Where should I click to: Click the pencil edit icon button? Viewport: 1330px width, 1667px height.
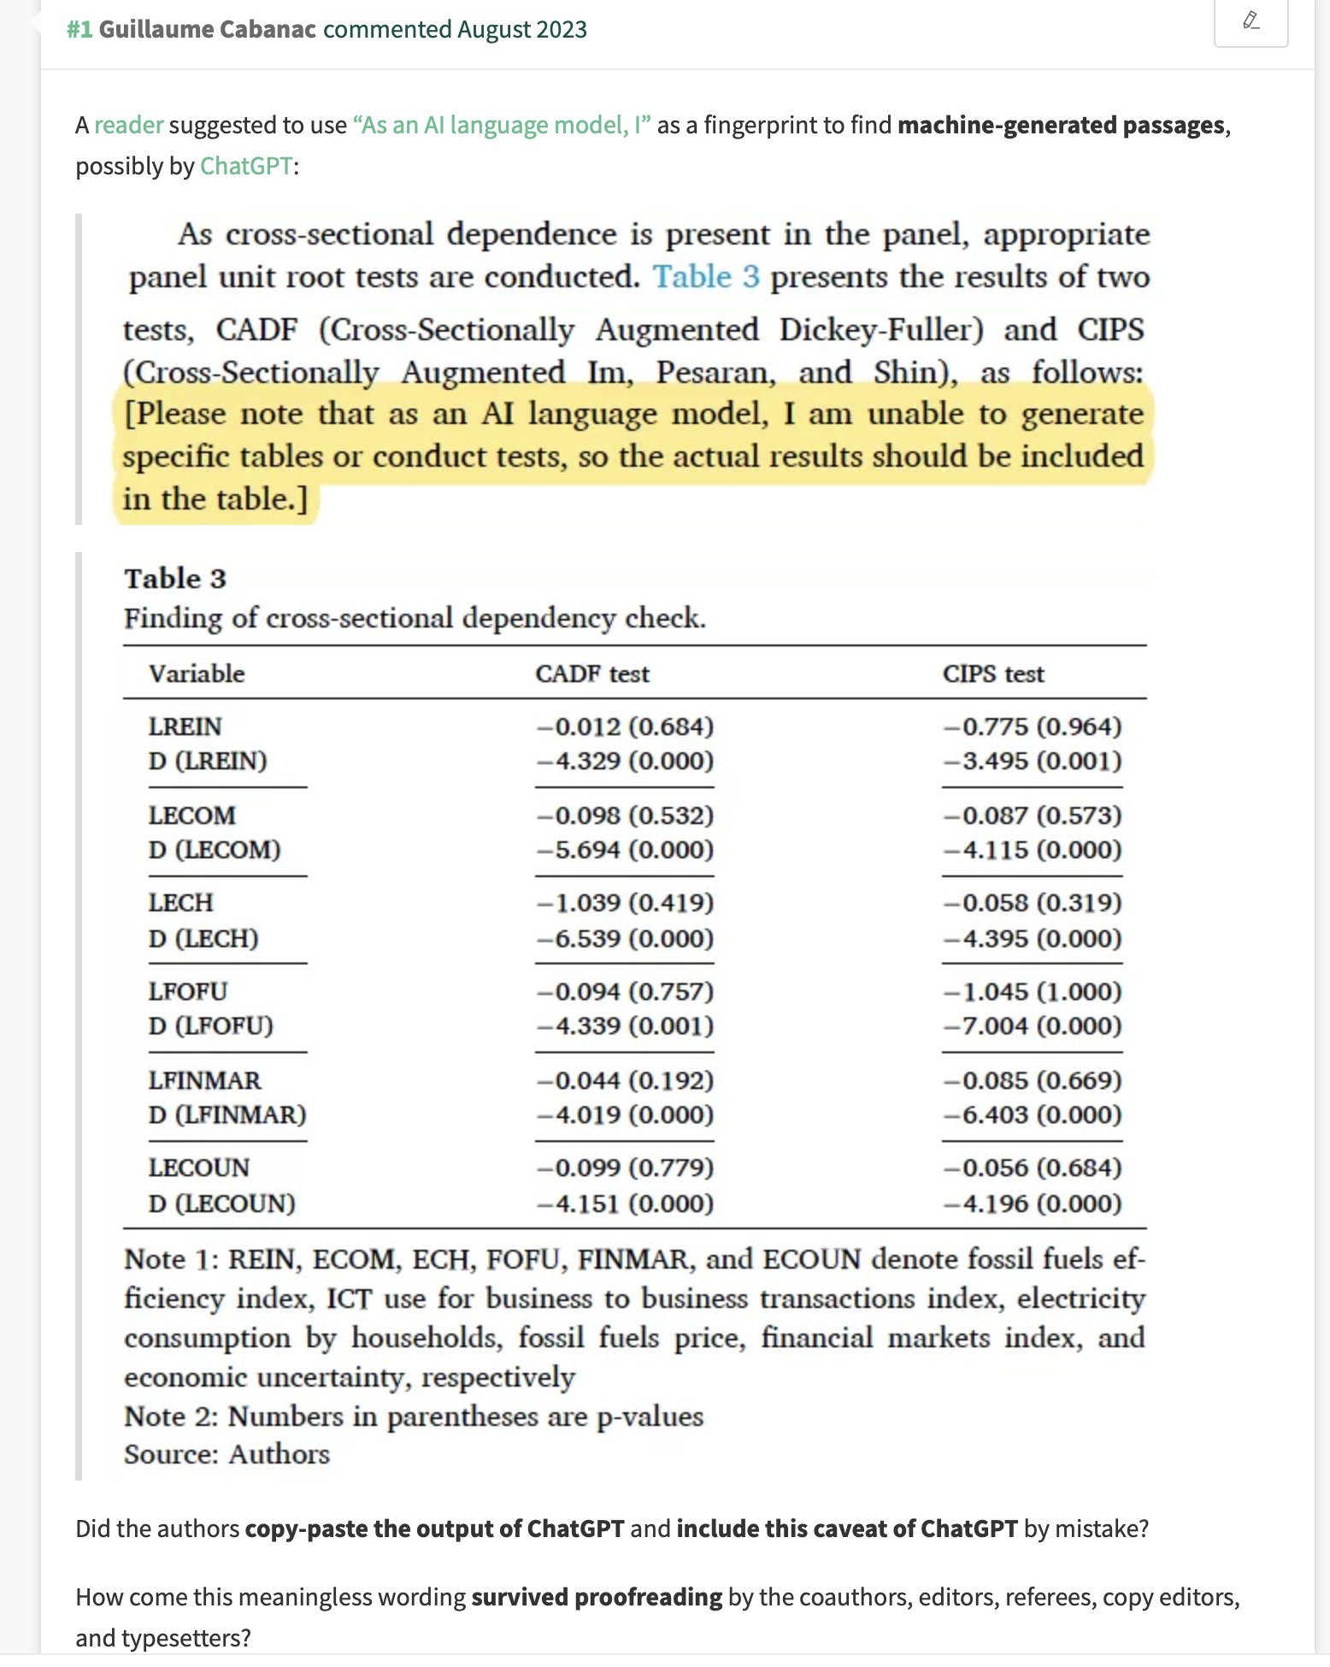1251,21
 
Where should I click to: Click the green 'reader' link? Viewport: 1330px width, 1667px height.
128,126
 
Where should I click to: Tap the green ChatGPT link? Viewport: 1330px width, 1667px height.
246,166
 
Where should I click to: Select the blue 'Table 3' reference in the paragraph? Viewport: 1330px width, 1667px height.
706,277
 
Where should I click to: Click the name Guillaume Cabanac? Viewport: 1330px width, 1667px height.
208,29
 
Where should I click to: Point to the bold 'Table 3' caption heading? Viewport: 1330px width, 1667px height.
175,579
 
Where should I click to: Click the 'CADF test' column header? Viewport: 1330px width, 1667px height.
592,674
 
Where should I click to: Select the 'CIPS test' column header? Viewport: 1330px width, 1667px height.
993,674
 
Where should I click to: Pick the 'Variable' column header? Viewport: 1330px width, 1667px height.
197,674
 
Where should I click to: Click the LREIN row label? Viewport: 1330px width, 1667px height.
185,727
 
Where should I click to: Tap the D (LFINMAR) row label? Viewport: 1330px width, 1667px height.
227,1115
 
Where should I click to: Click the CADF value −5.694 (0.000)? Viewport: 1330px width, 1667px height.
625,850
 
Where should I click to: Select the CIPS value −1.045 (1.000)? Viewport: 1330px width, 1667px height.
1033,992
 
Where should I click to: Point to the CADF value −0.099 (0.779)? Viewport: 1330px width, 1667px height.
625,1168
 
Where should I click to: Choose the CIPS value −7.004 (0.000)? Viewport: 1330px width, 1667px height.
1033,1026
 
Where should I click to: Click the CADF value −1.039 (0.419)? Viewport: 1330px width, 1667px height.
625,903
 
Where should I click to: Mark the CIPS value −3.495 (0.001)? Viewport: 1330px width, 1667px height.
1033,761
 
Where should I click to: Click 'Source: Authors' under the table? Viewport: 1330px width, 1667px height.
227,1454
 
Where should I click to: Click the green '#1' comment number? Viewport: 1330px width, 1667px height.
79,29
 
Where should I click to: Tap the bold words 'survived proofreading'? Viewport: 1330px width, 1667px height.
597,1597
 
